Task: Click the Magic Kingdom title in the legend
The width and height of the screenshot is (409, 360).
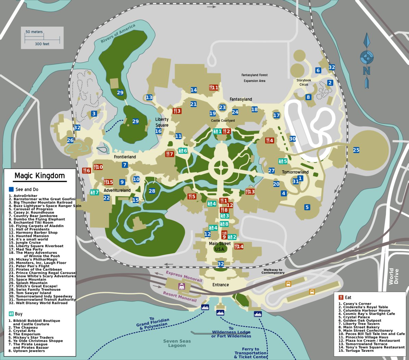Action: (39, 176)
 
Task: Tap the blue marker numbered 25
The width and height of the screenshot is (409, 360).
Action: (356, 150)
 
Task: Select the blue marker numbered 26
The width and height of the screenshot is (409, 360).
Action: (70, 140)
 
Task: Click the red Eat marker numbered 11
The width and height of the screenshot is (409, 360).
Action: (214, 88)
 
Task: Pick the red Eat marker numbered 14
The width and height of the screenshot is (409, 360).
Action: (239, 246)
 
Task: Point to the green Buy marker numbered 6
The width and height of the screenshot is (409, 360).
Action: (183, 151)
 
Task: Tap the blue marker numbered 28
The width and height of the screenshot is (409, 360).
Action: (152, 191)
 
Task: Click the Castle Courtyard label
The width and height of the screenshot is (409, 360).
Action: (223, 121)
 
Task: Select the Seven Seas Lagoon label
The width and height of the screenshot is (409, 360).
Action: (177, 343)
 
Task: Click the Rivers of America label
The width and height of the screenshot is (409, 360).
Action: (118, 33)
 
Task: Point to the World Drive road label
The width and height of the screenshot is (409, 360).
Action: (394, 276)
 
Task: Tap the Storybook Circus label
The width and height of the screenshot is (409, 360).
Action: (303, 82)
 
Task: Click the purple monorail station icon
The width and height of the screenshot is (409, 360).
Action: (181, 286)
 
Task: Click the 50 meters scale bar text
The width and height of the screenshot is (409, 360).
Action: (34, 32)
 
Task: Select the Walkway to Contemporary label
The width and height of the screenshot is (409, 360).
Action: (273, 271)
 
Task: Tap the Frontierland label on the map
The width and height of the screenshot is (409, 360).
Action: (125, 157)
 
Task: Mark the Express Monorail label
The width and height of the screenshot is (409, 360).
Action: (184, 276)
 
